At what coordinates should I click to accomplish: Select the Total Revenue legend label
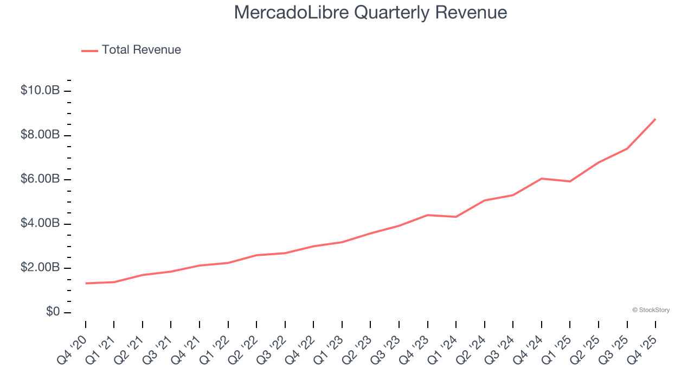(x=141, y=50)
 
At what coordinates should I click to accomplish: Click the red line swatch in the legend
(x=89, y=51)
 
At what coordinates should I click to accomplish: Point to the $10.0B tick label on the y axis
(x=40, y=90)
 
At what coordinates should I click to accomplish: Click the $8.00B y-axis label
(x=40, y=135)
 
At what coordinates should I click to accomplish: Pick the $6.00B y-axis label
(x=40, y=179)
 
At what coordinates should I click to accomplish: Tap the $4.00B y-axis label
(x=40, y=224)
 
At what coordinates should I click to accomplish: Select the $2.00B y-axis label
(x=40, y=268)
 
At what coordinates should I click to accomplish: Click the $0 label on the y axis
(x=53, y=312)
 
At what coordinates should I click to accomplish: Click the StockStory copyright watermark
(x=651, y=310)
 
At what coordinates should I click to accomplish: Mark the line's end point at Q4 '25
(x=656, y=119)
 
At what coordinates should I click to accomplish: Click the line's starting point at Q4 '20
(x=86, y=283)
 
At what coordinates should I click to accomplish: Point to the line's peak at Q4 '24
(x=542, y=178)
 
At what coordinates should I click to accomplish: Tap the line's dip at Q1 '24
(x=456, y=217)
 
